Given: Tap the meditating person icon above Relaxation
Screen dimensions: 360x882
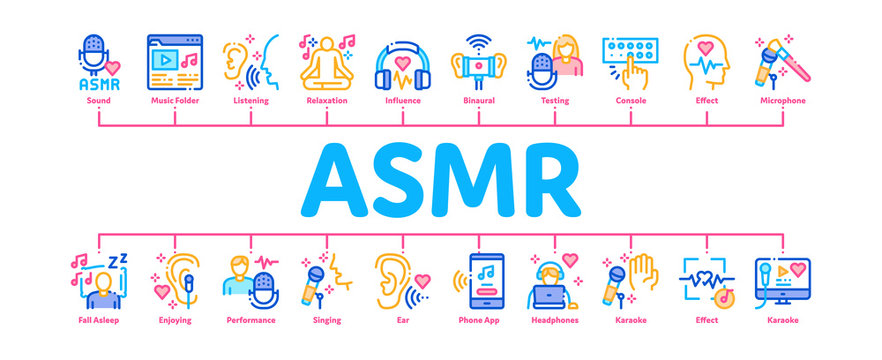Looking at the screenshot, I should [325, 62].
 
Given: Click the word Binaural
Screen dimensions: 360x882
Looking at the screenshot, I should [478, 102].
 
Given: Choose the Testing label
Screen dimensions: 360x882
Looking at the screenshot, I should [554, 102].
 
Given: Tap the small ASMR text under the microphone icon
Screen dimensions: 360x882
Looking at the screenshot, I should [97, 84].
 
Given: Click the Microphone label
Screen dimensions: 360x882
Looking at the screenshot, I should [782, 102].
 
